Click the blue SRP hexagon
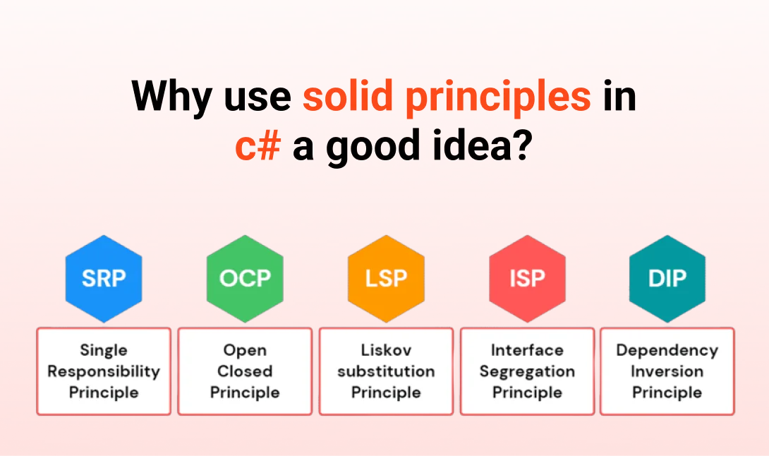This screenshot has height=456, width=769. click(x=104, y=278)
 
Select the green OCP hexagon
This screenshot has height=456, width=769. click(x=245, y=278)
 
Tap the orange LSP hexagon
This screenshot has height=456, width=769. click(x=386, y=278)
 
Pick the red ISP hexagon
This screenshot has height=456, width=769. click(x=527, y=278)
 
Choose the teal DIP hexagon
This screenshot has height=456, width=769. click(x=667, y=278)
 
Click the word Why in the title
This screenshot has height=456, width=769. click(x=171, y=97)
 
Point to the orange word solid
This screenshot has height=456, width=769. click(x=348, y=95)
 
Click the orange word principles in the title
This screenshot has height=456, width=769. click(x=498, y=97)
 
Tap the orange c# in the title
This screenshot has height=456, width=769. click(x=258, y=146)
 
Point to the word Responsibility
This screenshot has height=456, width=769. click(x=104, y=372)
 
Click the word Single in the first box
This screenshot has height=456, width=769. click(x=104, y=351)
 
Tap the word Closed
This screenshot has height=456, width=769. click(x=245, y=371)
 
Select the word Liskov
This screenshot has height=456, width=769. click(x=386, y=350)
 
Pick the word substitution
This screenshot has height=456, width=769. click(x=386, y=371)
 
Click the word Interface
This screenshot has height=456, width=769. click(x=527, y=350)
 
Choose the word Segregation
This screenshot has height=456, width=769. click(x=527, y=372)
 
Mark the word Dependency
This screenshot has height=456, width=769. click(x=667, y=351)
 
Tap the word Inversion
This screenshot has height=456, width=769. click(x=667, y=371)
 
